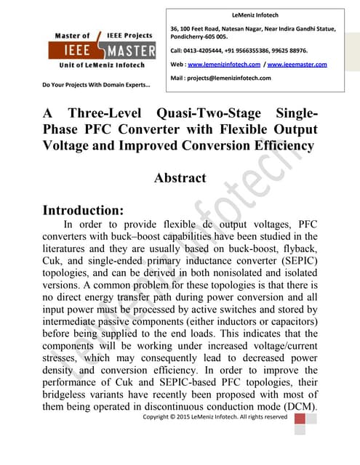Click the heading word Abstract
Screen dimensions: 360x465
(180, 177)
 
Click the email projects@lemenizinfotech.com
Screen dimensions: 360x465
(236, 78)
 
